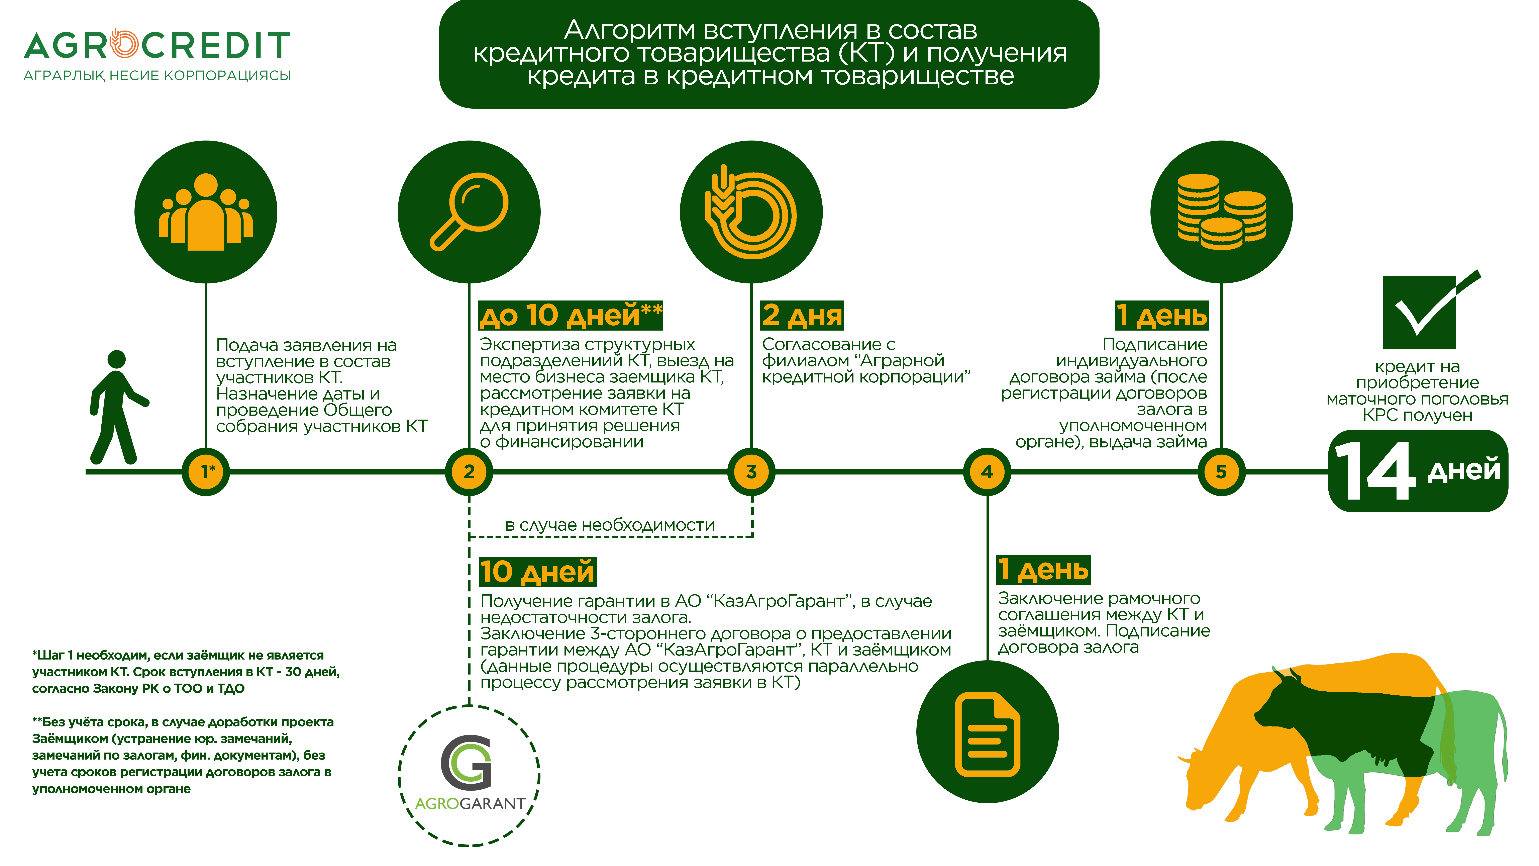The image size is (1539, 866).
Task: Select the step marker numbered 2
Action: [469, 471]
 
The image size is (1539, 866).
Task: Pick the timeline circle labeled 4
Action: [987, 471]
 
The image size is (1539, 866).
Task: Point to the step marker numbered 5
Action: [1221, 471]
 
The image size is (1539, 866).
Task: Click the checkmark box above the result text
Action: [1428, 311]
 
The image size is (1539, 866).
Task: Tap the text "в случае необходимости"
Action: [609, 525]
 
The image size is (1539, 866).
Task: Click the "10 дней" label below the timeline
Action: [538, 572]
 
